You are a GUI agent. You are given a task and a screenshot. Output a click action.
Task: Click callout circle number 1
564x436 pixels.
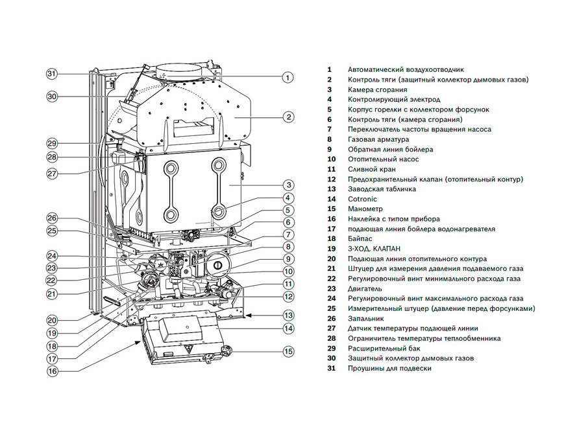tap(288, 76)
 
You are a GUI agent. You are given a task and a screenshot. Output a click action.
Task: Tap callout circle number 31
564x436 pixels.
tap(52, 73)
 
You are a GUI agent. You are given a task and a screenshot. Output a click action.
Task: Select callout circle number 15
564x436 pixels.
tap(288, 351)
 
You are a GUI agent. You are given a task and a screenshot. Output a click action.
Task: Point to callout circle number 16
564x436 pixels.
tap(52, 371)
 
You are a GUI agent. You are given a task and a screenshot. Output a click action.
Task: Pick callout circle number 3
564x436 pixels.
tap(288, 185)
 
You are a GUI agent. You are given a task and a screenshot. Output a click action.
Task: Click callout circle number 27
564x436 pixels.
tap(52, 173)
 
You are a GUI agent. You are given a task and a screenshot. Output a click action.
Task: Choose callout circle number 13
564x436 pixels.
tap(288, 315)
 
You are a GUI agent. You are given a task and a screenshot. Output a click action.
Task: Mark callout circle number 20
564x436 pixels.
tap(52, 319)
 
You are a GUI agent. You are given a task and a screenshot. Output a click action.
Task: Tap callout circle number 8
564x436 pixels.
tap(288, 246)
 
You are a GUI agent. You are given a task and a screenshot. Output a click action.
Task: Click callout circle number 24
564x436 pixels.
tap(52, 255)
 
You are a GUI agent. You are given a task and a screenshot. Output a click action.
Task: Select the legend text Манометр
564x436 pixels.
tap(365, 209)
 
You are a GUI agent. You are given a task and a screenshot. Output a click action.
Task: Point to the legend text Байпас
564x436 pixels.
tap(360, 239)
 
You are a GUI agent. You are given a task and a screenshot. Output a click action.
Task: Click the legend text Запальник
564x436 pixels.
tap(365, 319)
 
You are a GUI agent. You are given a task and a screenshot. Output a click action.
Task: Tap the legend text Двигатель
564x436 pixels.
tap(365, 288)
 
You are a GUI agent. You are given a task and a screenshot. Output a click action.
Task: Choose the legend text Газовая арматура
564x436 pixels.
tap(378, 139)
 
